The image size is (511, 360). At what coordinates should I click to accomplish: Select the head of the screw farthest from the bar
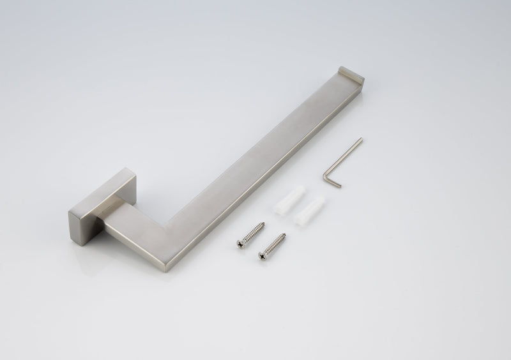tap(263, 255)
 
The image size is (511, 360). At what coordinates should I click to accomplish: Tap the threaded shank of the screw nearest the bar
tap(252, 233)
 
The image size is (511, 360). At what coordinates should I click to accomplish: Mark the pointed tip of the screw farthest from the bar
tap(284, 235)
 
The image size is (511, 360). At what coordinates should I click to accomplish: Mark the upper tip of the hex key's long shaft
tap(362, 139)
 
